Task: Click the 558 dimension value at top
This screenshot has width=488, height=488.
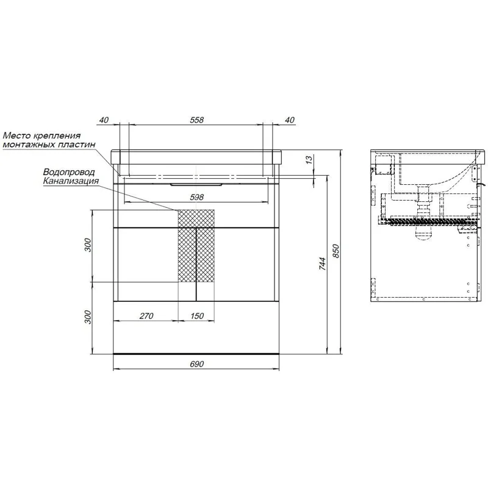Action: [196, 120]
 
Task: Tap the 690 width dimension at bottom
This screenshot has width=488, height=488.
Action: [196, 364]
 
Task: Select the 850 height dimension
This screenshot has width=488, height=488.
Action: [336, 251]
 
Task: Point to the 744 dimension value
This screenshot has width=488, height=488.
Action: [323, 264]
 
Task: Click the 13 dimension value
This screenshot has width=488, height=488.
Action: [309, 160]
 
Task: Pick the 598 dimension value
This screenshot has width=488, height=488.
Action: [196, 197]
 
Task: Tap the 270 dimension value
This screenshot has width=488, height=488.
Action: [146, 316]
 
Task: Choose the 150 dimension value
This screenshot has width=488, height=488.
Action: [196, 316]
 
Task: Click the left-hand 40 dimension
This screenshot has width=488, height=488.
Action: [104, 120]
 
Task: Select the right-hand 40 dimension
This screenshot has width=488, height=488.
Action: [289, 120]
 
